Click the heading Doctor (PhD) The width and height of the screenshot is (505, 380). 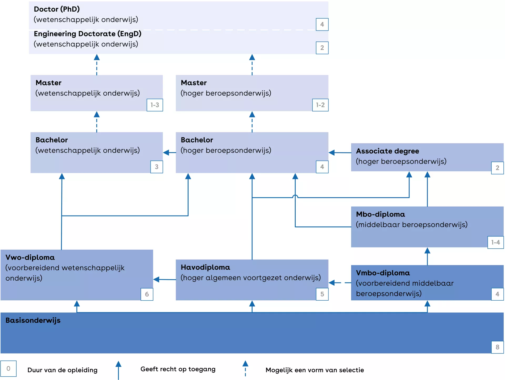(x=57, y=9)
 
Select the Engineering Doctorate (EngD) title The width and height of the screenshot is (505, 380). (x=88, y=34)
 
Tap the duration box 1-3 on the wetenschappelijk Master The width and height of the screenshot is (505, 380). (x=155, y=105)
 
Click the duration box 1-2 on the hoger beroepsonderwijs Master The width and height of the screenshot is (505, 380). (x=320, y=105)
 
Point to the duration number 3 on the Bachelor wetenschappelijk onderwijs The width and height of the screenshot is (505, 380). (x=156, y=167)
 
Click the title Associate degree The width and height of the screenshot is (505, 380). (x=387, y=151)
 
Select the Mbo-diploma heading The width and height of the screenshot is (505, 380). (x=380, y=214)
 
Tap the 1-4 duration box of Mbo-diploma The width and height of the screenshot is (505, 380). (x=496, y=242)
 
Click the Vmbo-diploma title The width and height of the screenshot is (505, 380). (x=383, y=273)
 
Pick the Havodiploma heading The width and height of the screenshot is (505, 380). (x=205, y=268)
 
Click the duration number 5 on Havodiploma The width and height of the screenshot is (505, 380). (x=322, y=294)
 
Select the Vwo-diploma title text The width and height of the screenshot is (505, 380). (x=30, y=258)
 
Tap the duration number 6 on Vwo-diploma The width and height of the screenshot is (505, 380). (x=147, y=294)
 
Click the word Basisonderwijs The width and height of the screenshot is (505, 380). (x=33, y=320)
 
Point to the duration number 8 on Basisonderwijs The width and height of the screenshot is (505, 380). (x=497, y=347)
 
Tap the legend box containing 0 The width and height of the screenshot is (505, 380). (x=8, y=369)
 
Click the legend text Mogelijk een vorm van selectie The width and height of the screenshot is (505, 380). (x=315, y=370)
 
